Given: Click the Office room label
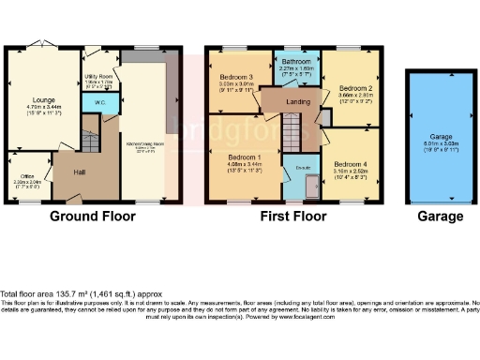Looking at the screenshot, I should pos(24,175).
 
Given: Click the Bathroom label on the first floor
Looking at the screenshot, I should pos(295,63).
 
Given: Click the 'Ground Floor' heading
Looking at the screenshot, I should pos(92,217).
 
